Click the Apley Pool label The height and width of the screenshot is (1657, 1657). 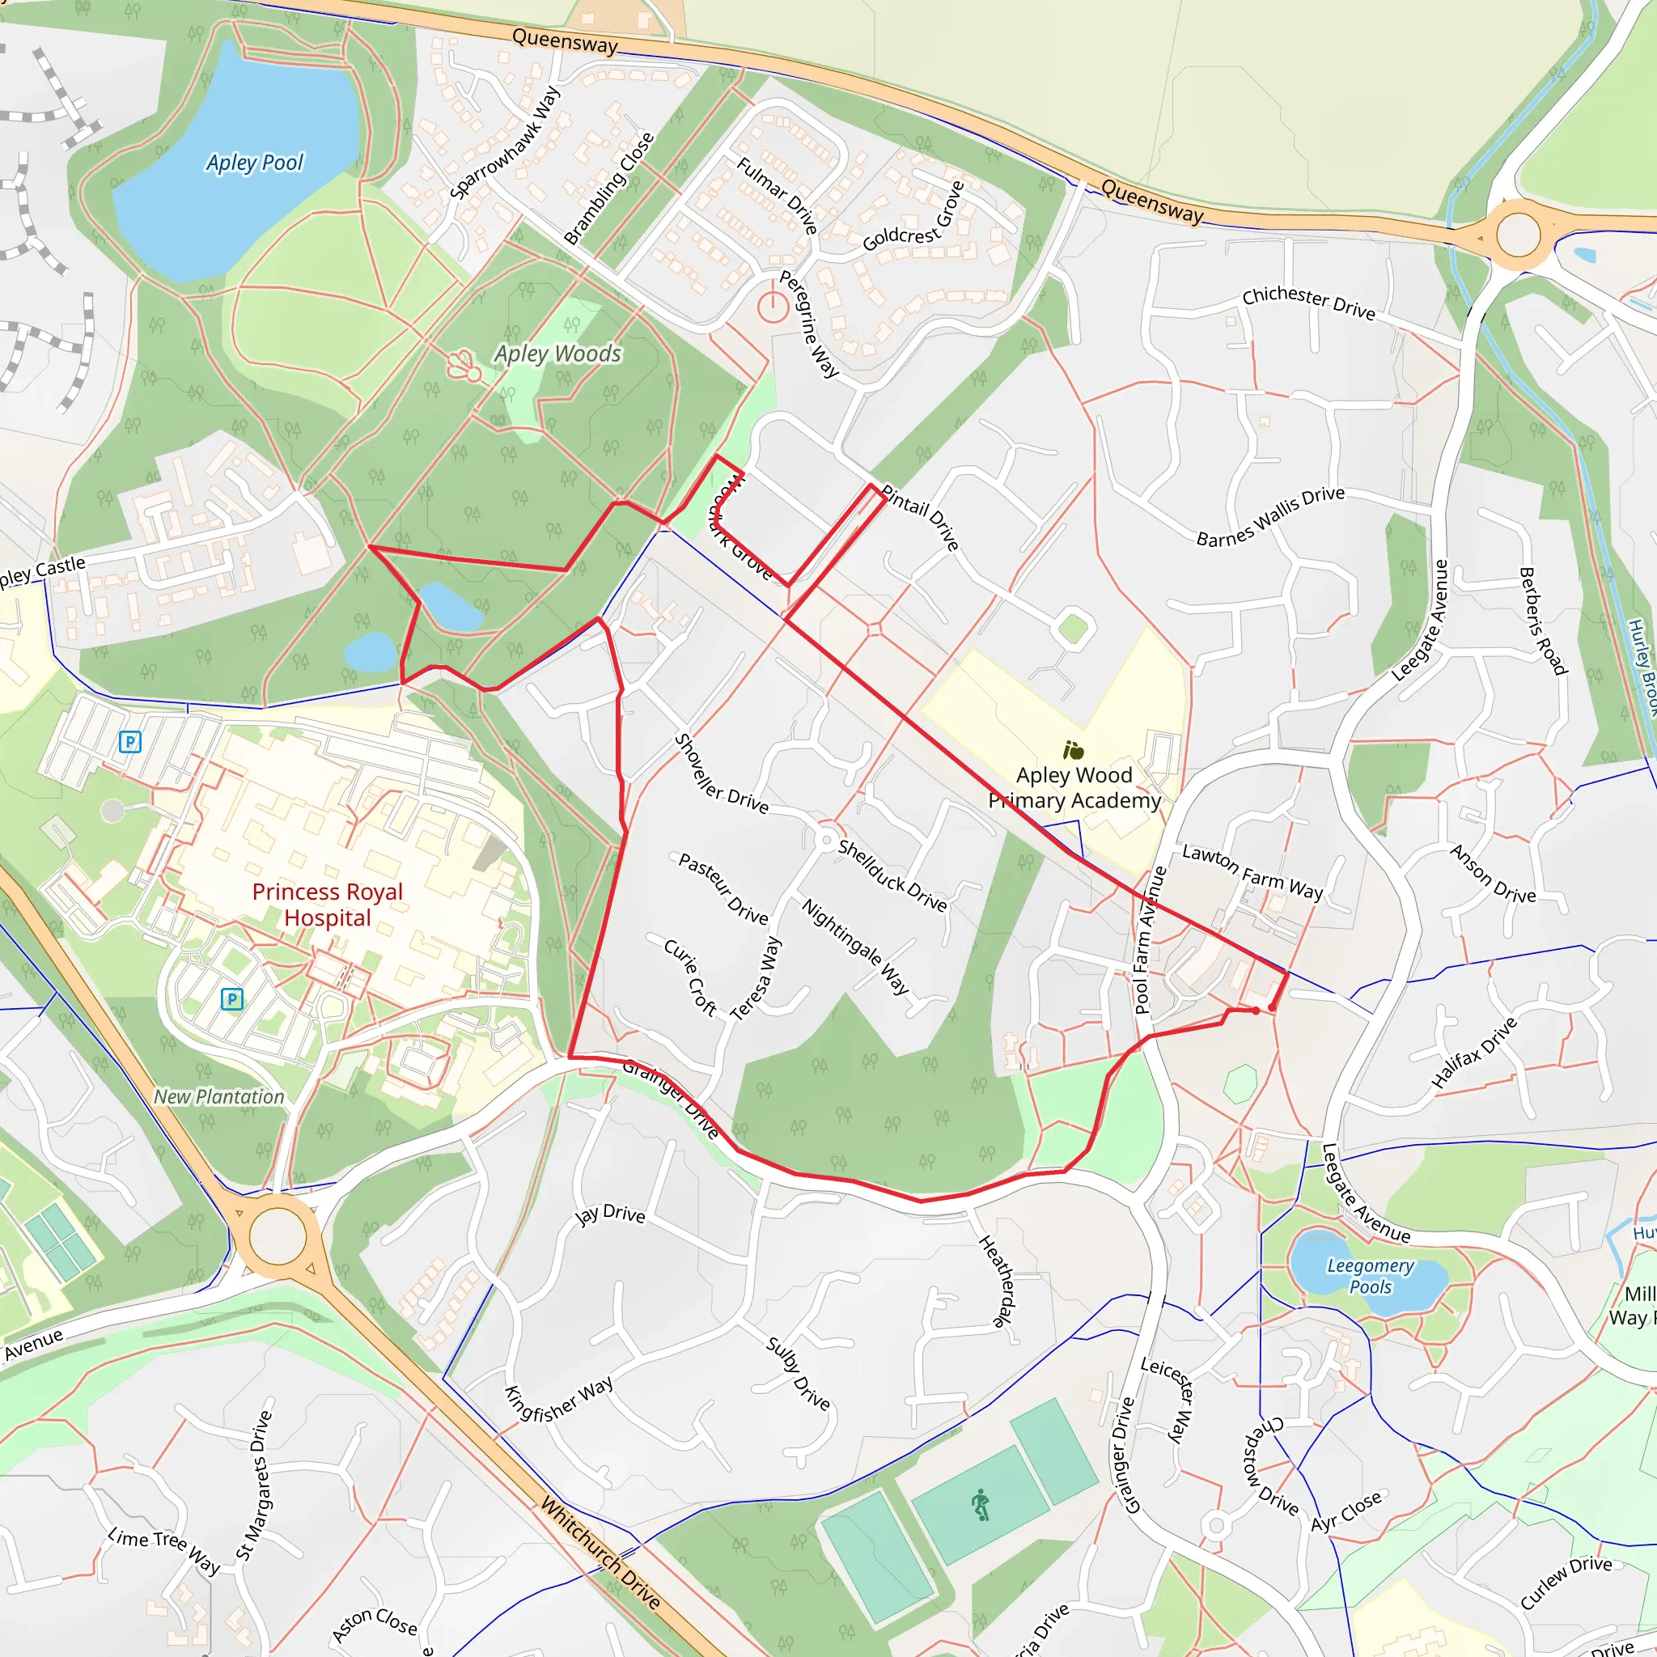255,162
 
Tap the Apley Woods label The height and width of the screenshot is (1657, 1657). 557,354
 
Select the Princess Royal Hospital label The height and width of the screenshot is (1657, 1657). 327,905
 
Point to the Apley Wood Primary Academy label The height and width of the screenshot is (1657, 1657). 1074,787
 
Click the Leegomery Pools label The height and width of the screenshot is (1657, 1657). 1370,1276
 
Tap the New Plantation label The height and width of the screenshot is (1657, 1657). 218,1097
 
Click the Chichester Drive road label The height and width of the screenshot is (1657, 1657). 1308,302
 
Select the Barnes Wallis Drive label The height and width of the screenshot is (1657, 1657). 1270,516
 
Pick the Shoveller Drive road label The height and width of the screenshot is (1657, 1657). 720,773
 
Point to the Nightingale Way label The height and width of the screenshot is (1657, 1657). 855,945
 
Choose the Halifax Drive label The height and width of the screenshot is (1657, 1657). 1474,1053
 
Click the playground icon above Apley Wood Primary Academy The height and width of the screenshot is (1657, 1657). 1073,752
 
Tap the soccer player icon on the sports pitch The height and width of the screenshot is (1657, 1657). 981,1505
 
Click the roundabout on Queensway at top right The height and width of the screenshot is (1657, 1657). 1517,233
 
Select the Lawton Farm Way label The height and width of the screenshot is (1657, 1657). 1252,871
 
